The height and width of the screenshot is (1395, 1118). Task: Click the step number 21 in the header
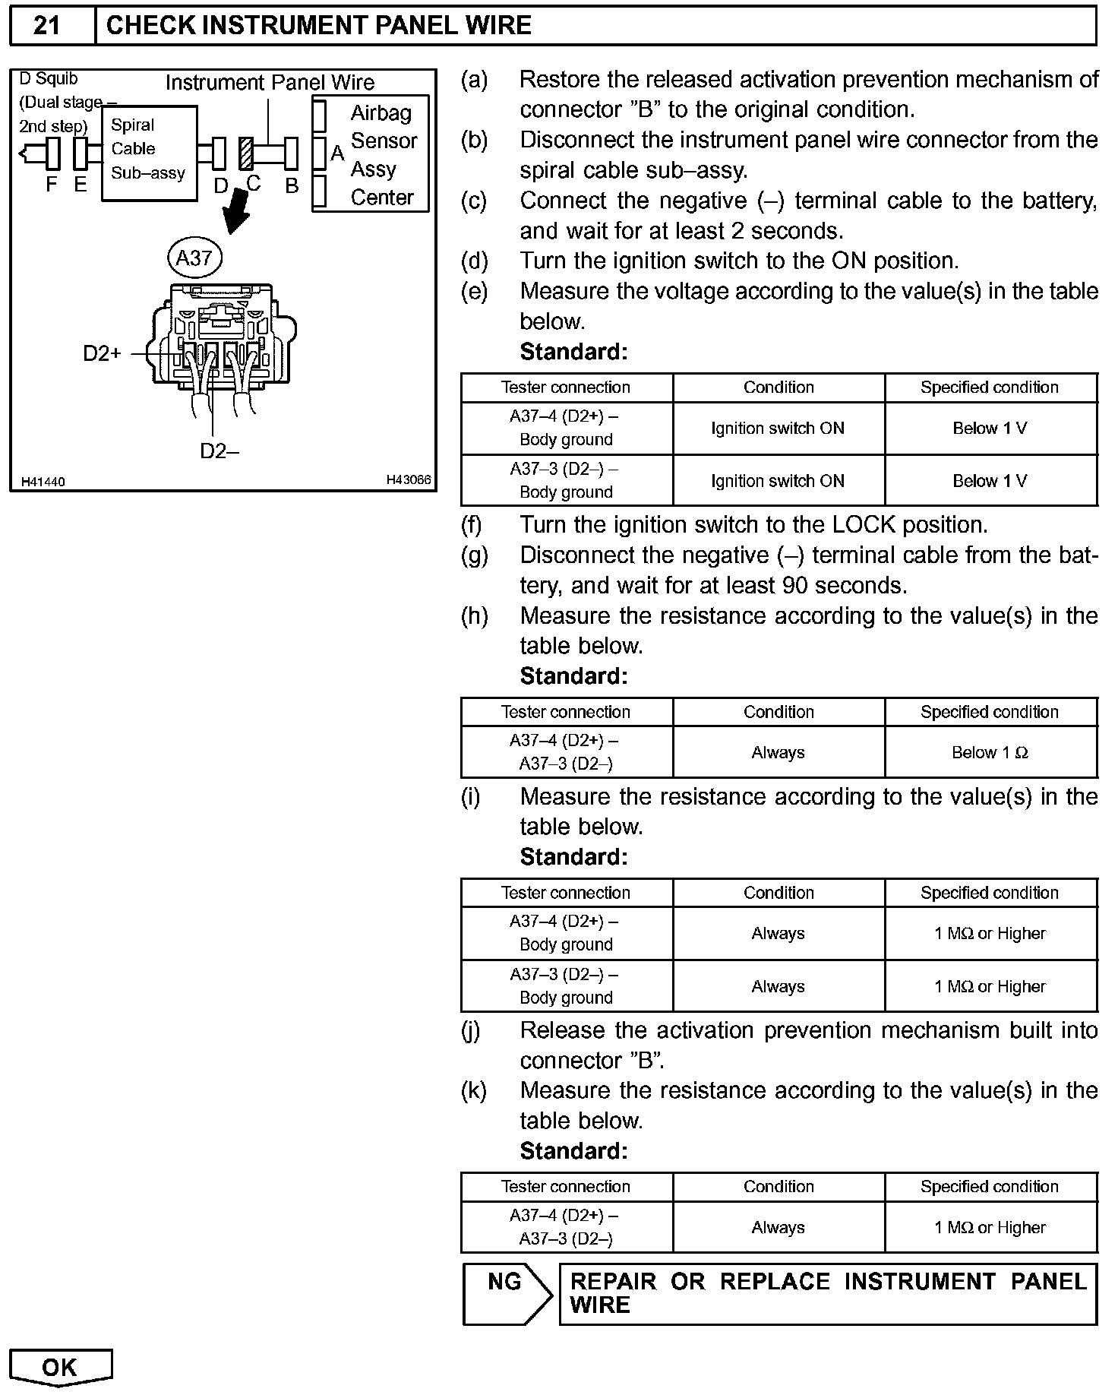click(x=46, y=25)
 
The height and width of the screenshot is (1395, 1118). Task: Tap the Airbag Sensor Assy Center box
click(x=371, y=154)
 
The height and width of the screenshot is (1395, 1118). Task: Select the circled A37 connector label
click(x=194, y=258)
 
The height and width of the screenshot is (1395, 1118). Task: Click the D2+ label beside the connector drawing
click(x=102, y=353)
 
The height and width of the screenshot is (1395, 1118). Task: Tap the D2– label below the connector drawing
click(x=219, y=451)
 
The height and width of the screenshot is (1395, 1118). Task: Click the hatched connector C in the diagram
click(x=245, y=153)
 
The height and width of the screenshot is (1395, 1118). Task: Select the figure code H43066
click(x=408, y=479)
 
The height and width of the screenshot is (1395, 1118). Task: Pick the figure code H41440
click(x=43, y=482)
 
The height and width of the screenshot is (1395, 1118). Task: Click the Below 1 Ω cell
click(x=990, y=752)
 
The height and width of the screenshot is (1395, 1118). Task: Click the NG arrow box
click(x=506, y=1294)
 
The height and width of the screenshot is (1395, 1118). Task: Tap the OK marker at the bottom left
click(x=60, y=1368)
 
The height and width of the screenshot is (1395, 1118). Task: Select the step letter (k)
click(x=474, y=1090)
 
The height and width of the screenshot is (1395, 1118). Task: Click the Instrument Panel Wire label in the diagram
click(x=270, y=82)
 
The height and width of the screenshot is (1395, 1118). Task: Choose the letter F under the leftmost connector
click(x=52, y=185)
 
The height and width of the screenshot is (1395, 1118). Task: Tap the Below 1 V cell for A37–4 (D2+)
click(x=990, y=429)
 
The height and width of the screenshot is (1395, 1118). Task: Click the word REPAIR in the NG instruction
click(x=613, y=1282)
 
